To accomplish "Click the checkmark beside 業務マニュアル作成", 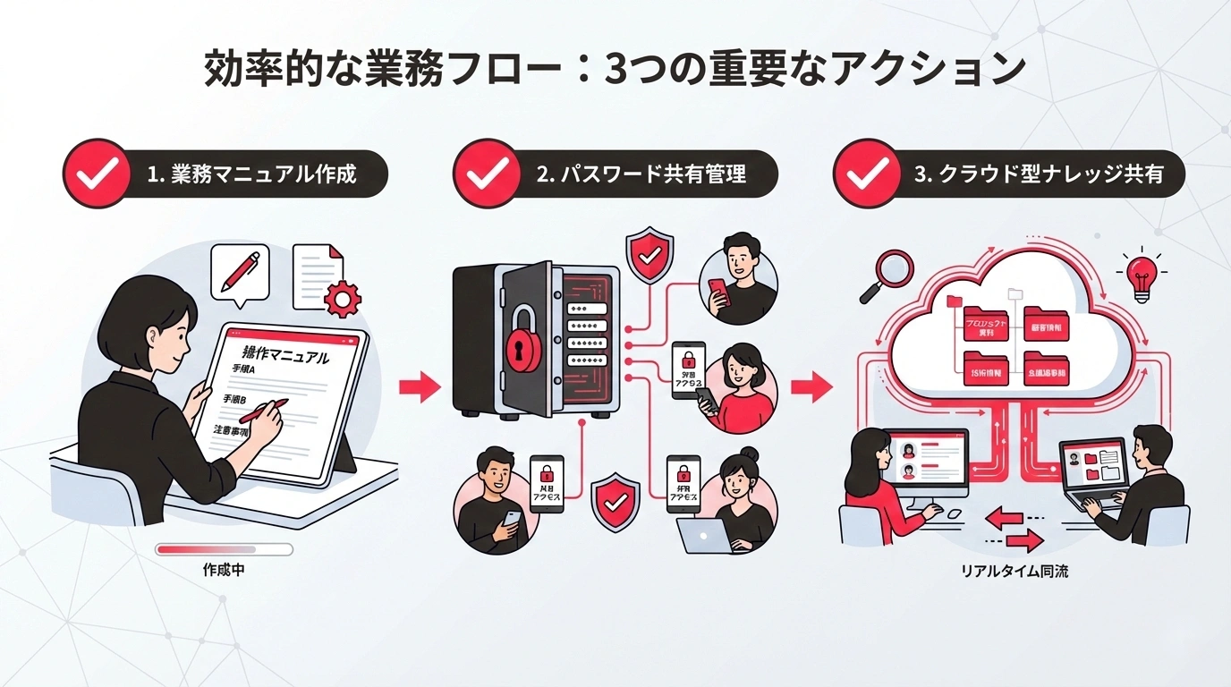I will (97, 174).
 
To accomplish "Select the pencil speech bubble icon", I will (239, 271).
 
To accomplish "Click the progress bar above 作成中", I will (224, 548).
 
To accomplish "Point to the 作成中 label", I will (224, 570).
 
